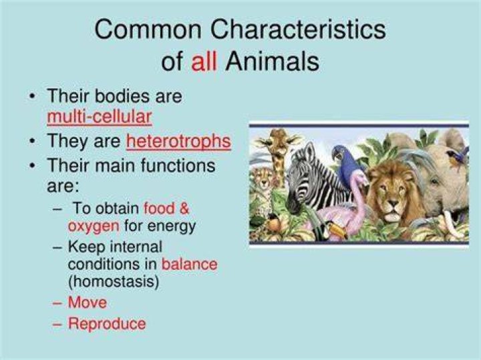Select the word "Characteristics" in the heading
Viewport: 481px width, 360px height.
tap(298, 29)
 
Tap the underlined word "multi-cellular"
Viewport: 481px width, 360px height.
tap(100, 117)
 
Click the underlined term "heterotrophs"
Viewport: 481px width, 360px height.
tap(178, 141)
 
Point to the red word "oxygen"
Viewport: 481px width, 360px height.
tap(94, 227)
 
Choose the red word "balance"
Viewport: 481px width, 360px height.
tap(189, 264)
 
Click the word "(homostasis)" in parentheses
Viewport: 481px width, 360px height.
tap(114, 282)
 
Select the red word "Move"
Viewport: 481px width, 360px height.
tap(88, 303)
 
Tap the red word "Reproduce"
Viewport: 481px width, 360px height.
tap(107, 324)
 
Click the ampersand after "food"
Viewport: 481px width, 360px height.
tap(184, 208)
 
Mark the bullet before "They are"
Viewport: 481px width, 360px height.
tap(32, 142)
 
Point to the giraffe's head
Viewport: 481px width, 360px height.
tap(278, 141)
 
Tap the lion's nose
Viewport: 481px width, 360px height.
tap(393, 203)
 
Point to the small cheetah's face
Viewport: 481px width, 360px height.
tap(263, 181)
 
